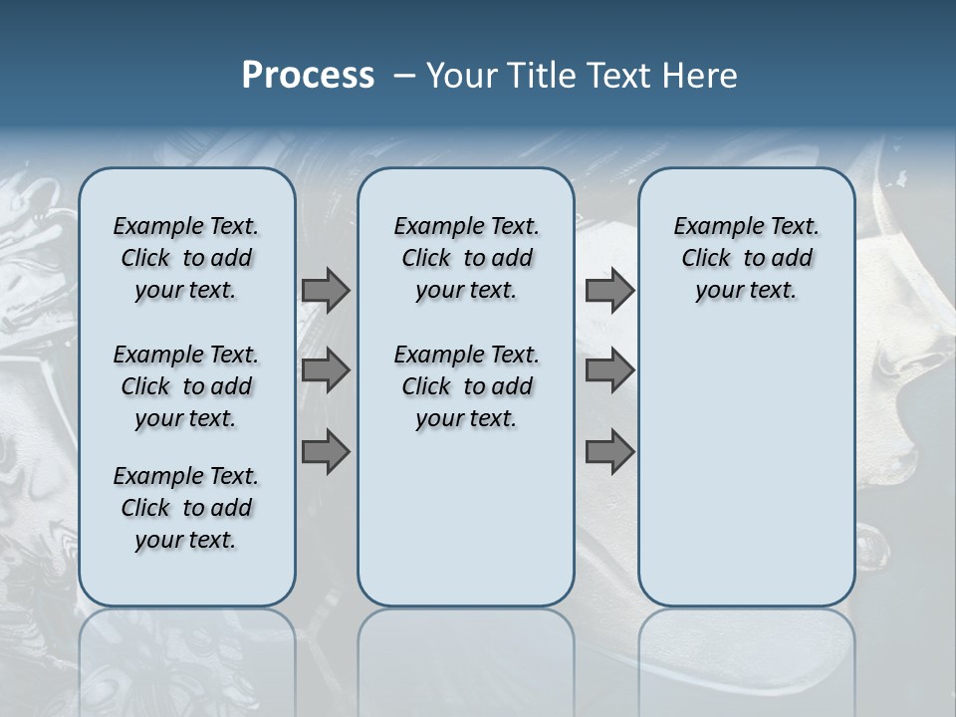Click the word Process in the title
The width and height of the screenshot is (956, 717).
pyautogui.click(x=308, y=76)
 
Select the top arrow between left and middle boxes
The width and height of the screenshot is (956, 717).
pyautogui.click(x=326, y=290)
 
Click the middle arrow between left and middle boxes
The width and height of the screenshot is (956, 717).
pyautogui.click(x=326, y=370)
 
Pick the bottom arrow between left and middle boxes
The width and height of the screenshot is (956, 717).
pyautogui.click(x=326, y=451)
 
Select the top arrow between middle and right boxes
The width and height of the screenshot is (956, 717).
pyautogui.click(x=609, y=290)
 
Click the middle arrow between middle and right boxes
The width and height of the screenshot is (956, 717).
pyautogui.click(x=609, y=370)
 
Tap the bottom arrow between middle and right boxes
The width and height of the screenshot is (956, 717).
pyautogui.click(x=609, y=451)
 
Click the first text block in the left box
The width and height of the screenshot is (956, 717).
pyautogui.click(x=186, y=258)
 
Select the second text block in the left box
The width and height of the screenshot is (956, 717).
pyautogui.click(x=186, y=386)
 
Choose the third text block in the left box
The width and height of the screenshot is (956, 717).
pyautogui.click(x=186, y=508)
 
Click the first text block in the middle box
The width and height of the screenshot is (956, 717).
pyautogui.click(x=466, y=258)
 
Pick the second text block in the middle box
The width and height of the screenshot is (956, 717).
pyautogui.click(x=466, y=386)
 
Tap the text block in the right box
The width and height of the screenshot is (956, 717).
pyautogui.click(x=746, y=258)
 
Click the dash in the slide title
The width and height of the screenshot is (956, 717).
pyautogui.click(x=404, y=76)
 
